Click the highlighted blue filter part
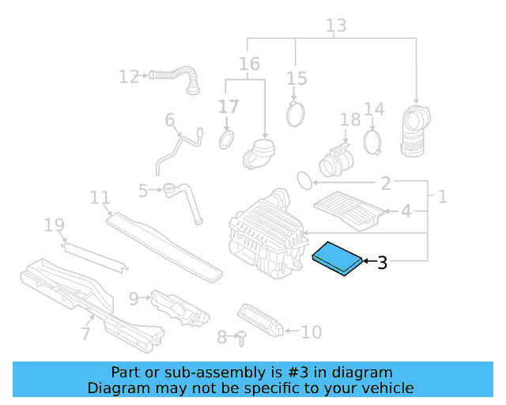click(338, 259)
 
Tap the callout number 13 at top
click(336, 26)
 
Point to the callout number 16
click(249, 62)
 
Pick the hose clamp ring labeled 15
click(296, 113)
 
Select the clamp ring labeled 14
click(373, 142)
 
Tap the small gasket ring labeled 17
click(226, 140)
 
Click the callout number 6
click(169, 120)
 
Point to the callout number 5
click(143, 191)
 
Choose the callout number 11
click(99, 197)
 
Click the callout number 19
click(54, 226)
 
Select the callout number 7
click(85, 334)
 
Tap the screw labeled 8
click(242, 338)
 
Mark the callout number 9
click(133, 297)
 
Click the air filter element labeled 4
click(349, 209)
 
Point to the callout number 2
click(385, 184)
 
